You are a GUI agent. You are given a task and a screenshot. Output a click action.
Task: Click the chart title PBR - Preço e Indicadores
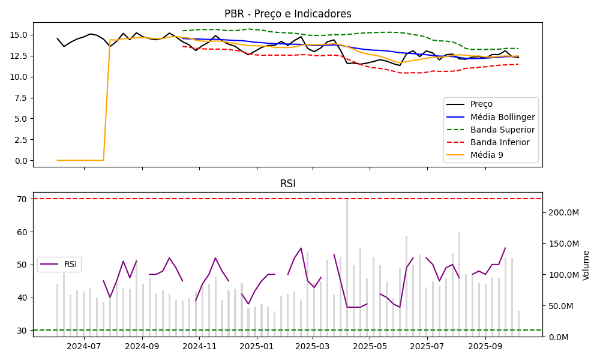coord(287,14)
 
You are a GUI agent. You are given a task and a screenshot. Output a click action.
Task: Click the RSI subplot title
coord(287,184)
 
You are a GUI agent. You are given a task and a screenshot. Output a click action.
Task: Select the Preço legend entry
coord(481,104)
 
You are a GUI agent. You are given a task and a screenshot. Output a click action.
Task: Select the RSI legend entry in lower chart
coord(70,265)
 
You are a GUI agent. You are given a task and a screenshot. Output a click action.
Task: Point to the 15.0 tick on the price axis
coord(20,35)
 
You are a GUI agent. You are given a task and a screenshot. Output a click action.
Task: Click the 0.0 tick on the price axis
coord(22,161)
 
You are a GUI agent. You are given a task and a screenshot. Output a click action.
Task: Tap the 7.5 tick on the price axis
coord(22,98)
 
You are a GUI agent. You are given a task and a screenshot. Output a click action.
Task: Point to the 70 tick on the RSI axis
coord(23,199)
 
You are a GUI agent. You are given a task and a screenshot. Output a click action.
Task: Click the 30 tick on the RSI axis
coord(23,331)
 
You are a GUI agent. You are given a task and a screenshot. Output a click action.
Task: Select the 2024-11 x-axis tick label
coord(199,346)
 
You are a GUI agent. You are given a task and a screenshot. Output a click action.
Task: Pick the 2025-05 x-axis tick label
coord(370,346)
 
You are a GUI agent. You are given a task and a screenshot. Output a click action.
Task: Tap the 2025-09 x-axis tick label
coord(485,346)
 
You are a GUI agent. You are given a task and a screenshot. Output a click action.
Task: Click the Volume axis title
coord(586,265)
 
